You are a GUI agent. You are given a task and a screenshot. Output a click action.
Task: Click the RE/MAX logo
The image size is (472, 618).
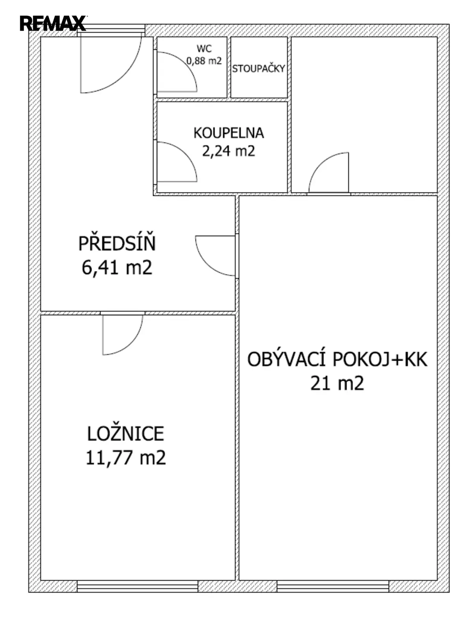(53, 23)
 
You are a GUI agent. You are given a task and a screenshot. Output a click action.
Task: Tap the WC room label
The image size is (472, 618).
(204, 49)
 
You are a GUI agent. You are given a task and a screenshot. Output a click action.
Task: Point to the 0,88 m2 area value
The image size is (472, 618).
(204, 61)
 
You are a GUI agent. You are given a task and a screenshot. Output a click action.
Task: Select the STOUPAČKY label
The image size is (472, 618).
(258, 69)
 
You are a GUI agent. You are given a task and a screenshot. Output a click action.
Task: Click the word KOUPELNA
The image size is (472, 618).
(229, 133)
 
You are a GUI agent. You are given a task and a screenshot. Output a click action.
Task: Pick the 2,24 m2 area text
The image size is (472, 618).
(229, 151)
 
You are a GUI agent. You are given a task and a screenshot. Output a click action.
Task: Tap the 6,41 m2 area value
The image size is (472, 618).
(117, 267)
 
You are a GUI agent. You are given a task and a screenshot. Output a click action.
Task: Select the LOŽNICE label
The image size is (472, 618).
(125, 434)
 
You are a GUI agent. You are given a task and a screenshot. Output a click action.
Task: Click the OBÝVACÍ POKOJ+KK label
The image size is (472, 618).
(337, 359)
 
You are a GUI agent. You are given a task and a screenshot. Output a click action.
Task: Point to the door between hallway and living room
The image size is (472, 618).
(207, 264)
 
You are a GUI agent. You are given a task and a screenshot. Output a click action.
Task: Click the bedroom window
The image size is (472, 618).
(137, 584)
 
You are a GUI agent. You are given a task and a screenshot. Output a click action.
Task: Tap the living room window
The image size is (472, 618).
(333, 584)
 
